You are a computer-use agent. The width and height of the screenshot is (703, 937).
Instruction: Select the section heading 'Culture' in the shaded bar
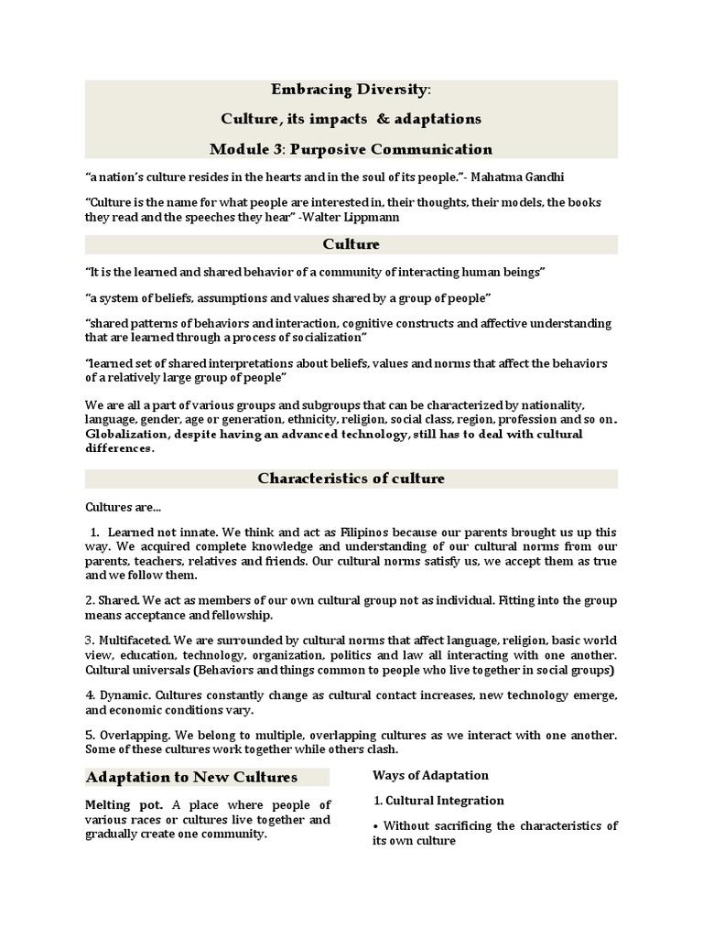point(351,244)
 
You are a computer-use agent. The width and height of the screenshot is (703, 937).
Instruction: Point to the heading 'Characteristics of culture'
point(351,479)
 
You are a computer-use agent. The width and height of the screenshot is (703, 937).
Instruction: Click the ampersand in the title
point(375,119)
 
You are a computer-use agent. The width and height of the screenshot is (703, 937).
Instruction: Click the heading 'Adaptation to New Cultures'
point(191,777)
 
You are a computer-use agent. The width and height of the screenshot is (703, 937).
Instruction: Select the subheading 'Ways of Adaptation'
point(430,775)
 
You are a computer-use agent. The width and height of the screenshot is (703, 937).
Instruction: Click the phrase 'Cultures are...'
point(123,506)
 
